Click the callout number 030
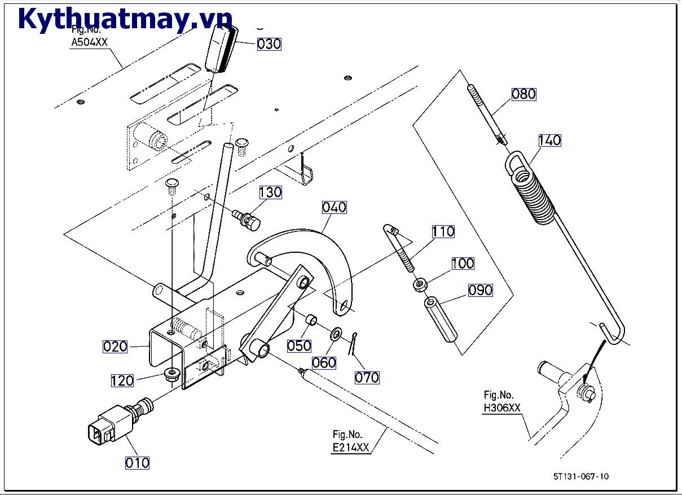(x=269, y=44)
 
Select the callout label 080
(x=523, y=94)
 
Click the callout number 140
(x=549, y=140)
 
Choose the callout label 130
(x=270, y=192)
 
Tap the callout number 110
(x=443, y=231)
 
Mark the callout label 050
(x=299, y=345)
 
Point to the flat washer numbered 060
(x=336, y=334)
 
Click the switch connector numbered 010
(x=107, y=428)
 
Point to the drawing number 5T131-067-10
(x=580, y=476)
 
